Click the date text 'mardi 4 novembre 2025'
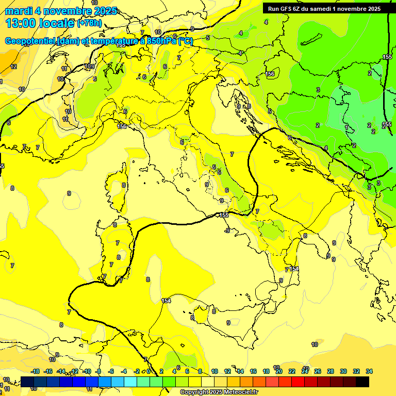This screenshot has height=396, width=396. pyautogui.click(x=61, y=11)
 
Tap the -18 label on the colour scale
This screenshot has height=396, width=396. pyautogui.click(x=35, y=371)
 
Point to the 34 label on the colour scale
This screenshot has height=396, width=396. pyautogui.click(x=369, y=371)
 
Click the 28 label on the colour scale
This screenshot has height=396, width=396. pyautogui.click(x=330, y=371)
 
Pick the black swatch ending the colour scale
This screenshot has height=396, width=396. pyautogui.click(x=362, y=382)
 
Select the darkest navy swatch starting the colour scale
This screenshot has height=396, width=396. pyautogui.click(x=28, y=382)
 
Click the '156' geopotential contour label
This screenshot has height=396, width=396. pyautogui.click(x=270, y=74)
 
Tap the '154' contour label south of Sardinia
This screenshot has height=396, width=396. pyautogui.click(x=166, y=301)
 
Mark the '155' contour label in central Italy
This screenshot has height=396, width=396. pyautogui.click(x=224, y=214)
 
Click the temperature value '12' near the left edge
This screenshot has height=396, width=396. pyautogui.click(x=14, y=67)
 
